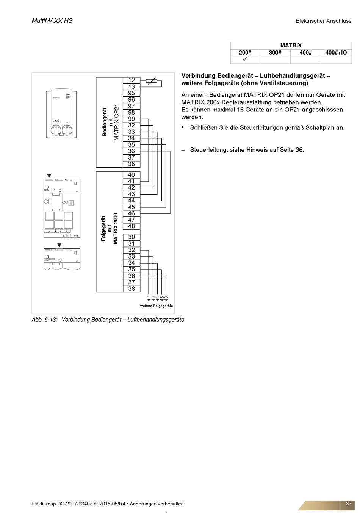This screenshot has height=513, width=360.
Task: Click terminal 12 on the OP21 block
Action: tap(131, 80)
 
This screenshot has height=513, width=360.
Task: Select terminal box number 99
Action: tap(131, 119)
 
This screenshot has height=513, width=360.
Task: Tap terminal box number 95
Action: tap(131, 93)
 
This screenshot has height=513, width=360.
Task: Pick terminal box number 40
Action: tap(131, 175)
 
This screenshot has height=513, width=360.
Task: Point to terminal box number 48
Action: tap(131, 226)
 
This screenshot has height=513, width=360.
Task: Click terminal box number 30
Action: tap(131, 237)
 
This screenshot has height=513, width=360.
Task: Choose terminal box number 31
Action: tap(131, 244)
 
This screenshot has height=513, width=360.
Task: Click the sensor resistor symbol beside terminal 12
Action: tap(152, 80)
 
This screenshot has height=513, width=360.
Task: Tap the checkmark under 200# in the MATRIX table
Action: tap(245, 60)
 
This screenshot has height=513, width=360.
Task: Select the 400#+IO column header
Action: tap(336, 53)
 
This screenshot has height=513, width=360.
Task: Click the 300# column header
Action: tap(275, 53)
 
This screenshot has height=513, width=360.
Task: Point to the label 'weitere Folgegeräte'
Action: tap(157, 306)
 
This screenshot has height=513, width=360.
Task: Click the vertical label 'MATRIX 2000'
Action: tap(116, 228)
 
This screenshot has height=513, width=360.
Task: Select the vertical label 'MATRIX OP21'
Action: tap(117, 122)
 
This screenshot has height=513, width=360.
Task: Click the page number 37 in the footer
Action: tap(349, 504)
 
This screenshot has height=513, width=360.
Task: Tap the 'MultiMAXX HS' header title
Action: tap(52, 20)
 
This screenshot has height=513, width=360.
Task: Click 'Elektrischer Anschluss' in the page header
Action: tap(324, 21)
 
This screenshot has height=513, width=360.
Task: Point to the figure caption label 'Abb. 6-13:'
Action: tap(44, 320)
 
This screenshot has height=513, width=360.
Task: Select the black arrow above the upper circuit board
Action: tap(49, 176)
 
